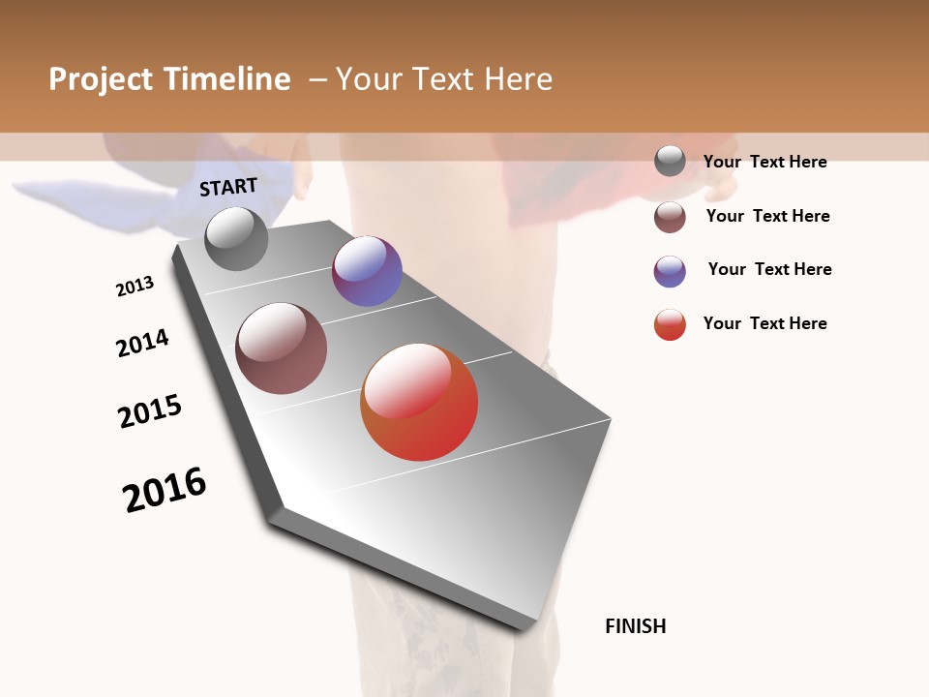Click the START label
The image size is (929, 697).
coord(228,187)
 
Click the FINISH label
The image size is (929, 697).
coord(636,626)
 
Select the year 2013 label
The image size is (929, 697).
coord(135,287)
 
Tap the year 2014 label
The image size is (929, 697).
coord(142,343)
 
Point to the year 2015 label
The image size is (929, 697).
coord(150,411)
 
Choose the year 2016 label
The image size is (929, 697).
coord(165,489)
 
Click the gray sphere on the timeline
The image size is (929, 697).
coord(236,238)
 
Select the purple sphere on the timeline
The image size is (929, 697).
coord(367,271)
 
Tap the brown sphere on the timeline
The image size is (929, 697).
coord(282,348)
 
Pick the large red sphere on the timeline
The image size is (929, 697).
coord(419,402)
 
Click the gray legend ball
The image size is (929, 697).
coord(670,161)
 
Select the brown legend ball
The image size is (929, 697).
coord(670,217)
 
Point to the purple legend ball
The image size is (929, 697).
coord(670,271)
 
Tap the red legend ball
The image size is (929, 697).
coord(670,324)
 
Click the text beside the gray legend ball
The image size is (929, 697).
coord(764,162)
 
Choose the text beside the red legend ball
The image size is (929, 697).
coord(764,323)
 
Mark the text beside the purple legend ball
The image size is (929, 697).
coord(769,269)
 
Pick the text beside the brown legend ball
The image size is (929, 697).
coord(767,216)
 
